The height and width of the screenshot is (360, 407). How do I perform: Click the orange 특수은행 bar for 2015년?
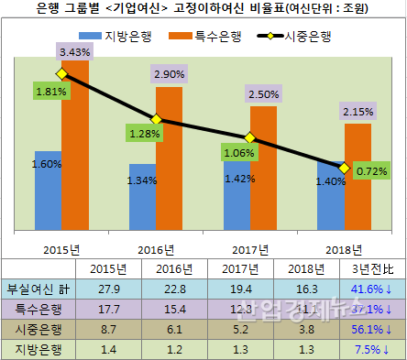[x=75, y=147]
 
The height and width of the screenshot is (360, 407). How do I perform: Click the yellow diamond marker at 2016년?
[x=156, y=120]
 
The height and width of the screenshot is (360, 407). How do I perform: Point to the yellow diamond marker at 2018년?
[x=344, y=169]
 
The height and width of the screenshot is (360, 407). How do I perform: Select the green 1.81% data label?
[x=50, y=92]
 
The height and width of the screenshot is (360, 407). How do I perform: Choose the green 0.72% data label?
[x=372, y=169]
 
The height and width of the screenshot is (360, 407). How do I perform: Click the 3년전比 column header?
[x=373, y=268]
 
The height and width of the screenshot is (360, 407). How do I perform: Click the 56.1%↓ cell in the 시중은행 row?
[x=373, y=328]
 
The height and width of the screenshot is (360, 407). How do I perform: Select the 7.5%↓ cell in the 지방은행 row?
[x=373, y=348]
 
